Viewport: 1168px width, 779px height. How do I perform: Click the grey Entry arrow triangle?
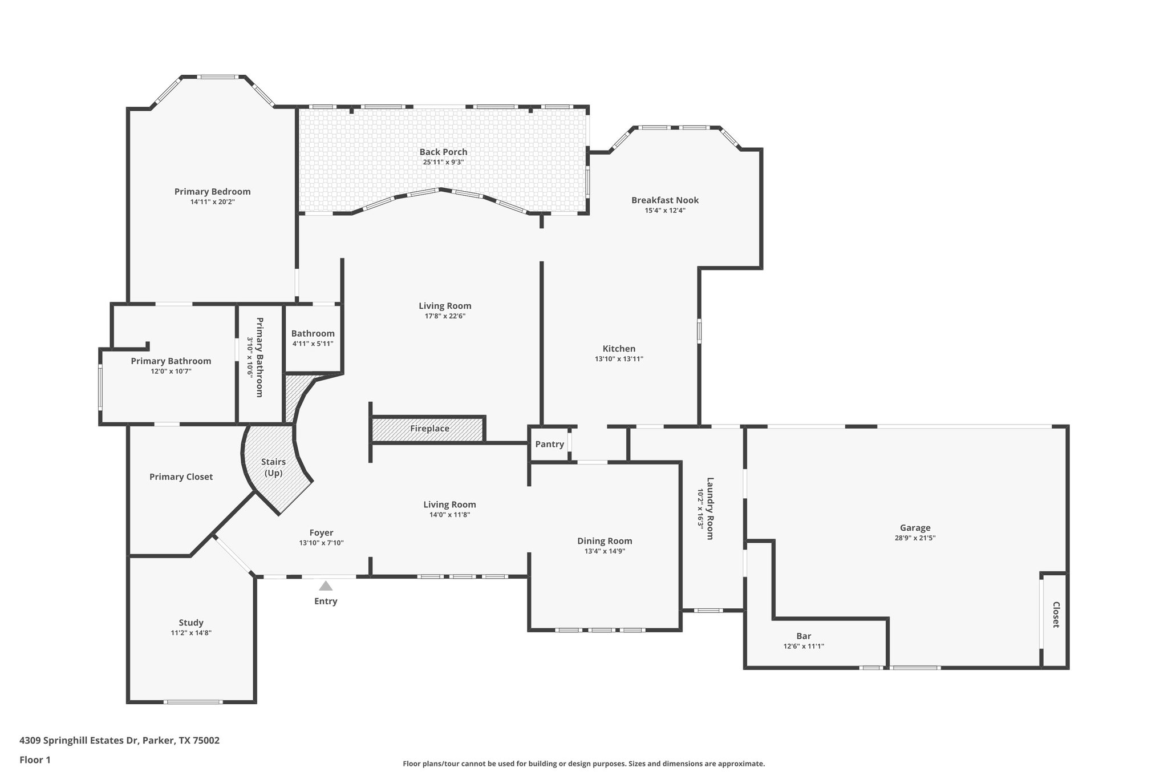point(326,586)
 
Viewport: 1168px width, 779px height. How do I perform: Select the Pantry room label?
point(549,444)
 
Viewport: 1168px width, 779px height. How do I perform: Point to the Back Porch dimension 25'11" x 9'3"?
point(443,162)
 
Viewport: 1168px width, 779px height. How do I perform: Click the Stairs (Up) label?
point(273,467)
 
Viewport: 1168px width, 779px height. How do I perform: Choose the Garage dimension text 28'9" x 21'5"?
point(915,538)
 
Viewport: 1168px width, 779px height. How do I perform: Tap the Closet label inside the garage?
point(1055,615)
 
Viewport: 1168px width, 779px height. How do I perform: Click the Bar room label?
point(804,636)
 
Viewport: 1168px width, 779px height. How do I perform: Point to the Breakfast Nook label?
point(664,200)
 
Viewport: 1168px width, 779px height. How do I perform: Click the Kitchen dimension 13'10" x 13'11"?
point(619,359)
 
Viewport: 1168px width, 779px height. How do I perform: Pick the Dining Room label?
point(605,541)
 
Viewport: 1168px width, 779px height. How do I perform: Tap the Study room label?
point(191,623)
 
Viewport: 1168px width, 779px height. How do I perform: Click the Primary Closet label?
point(181,477)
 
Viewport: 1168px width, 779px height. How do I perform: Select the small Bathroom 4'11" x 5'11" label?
point(313,334)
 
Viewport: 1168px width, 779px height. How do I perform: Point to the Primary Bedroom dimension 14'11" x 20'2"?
point(212,201)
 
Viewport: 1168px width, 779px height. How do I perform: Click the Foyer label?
point(321,532)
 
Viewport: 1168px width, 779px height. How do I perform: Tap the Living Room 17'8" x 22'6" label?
point(445,306)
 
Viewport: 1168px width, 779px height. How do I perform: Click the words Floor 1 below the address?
point(35,760)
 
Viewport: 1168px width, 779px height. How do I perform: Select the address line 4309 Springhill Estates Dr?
point(119,740)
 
